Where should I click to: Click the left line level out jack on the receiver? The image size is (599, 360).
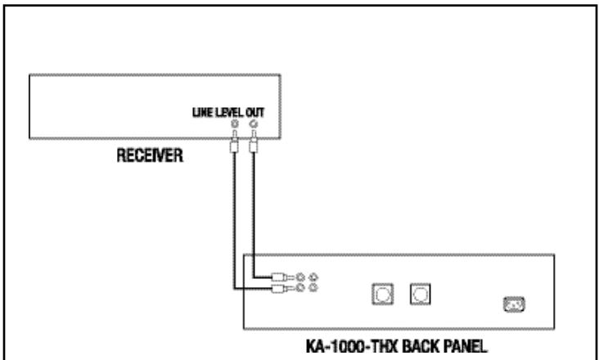point(235,124)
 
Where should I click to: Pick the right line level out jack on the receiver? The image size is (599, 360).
point(253,124)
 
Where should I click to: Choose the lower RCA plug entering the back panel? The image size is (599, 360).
point(281,288)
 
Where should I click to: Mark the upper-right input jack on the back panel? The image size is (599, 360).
point(314,277)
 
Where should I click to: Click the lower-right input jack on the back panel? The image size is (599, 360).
point(314,288)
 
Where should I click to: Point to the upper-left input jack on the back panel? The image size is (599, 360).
point(303,277)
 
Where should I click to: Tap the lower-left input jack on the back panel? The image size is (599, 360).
point(303,288)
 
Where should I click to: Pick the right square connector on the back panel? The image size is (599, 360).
point(421,291)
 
